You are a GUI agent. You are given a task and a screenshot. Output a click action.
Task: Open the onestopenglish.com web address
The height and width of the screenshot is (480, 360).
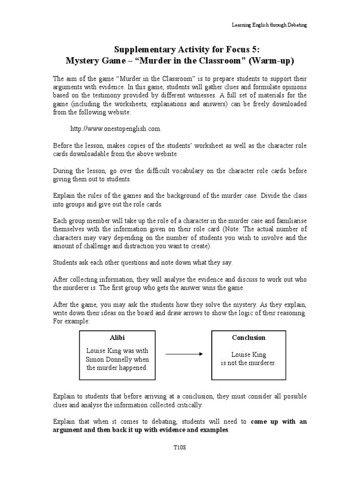[118, 128]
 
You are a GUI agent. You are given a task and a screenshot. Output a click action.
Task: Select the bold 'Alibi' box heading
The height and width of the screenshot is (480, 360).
[117, 337]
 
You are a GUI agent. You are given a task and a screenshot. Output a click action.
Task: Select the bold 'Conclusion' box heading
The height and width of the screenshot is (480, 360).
[248, 337]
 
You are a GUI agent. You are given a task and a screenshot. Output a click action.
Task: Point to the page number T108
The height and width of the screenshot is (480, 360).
[180, 448]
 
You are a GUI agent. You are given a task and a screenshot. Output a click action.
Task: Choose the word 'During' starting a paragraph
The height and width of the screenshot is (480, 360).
[63, 171]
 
